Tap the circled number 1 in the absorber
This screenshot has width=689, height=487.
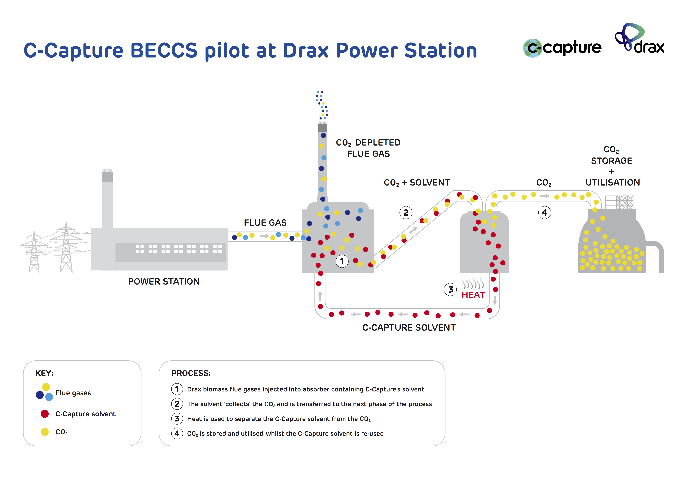pos(341,261)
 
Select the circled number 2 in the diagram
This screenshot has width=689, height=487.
pos(406,213)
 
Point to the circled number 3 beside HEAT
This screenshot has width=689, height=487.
pos(450,290)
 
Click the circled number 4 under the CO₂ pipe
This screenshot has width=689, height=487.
pos(544,213)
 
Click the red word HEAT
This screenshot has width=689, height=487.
pos(473,295)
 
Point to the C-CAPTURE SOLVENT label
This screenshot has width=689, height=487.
pos(409,328)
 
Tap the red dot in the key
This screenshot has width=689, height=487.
pos(45,414)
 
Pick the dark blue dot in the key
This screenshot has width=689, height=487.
pos(40,395)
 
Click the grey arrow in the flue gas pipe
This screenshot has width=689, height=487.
pos(264,236)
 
